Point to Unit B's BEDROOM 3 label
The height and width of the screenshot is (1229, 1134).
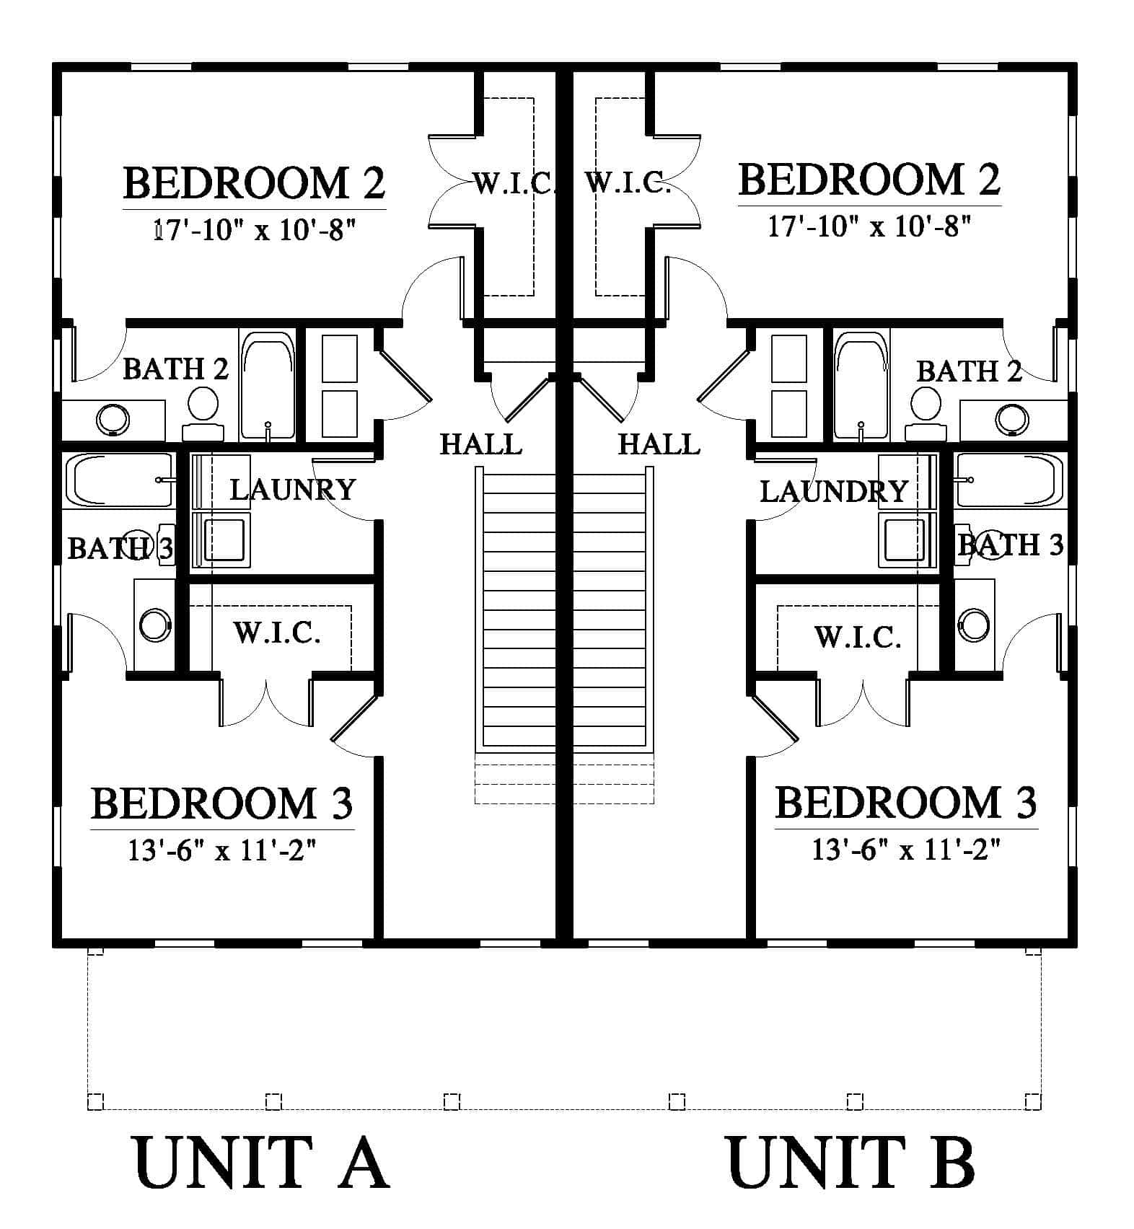[x=905, y=803]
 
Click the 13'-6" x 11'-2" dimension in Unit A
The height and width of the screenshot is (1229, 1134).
[x=222, y=852]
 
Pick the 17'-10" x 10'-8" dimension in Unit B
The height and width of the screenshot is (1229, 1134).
[x=869, y=227]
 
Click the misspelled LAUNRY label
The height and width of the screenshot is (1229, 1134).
[x=293, y=490]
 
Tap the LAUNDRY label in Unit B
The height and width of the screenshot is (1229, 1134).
[x=833, y=492]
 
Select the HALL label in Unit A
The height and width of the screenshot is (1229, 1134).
[x=481, y=444]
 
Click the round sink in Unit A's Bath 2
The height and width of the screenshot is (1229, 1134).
[x=113, y=419]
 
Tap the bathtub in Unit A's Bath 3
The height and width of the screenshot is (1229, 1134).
[x=120, y=480]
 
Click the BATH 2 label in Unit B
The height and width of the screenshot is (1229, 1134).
[x=969, y=372]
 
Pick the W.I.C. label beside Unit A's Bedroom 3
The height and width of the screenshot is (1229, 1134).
[x=277, y=633]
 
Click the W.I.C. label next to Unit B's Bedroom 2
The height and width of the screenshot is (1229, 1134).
[x=628, y=183]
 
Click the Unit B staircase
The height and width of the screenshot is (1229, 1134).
[x=610, y=607]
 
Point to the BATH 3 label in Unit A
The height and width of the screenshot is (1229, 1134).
[x=120, y=549]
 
